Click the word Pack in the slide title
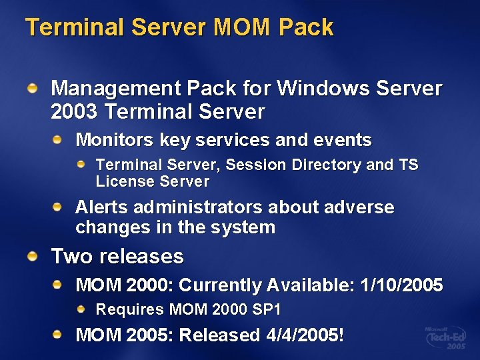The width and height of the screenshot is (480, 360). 306,27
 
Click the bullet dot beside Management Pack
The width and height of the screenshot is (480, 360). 33,87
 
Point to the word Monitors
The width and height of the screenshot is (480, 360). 115,140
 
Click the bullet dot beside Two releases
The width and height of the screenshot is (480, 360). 33,255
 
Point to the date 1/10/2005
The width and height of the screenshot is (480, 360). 401,285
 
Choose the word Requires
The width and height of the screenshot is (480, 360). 130,309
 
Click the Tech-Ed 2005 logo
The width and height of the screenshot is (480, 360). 445,338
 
